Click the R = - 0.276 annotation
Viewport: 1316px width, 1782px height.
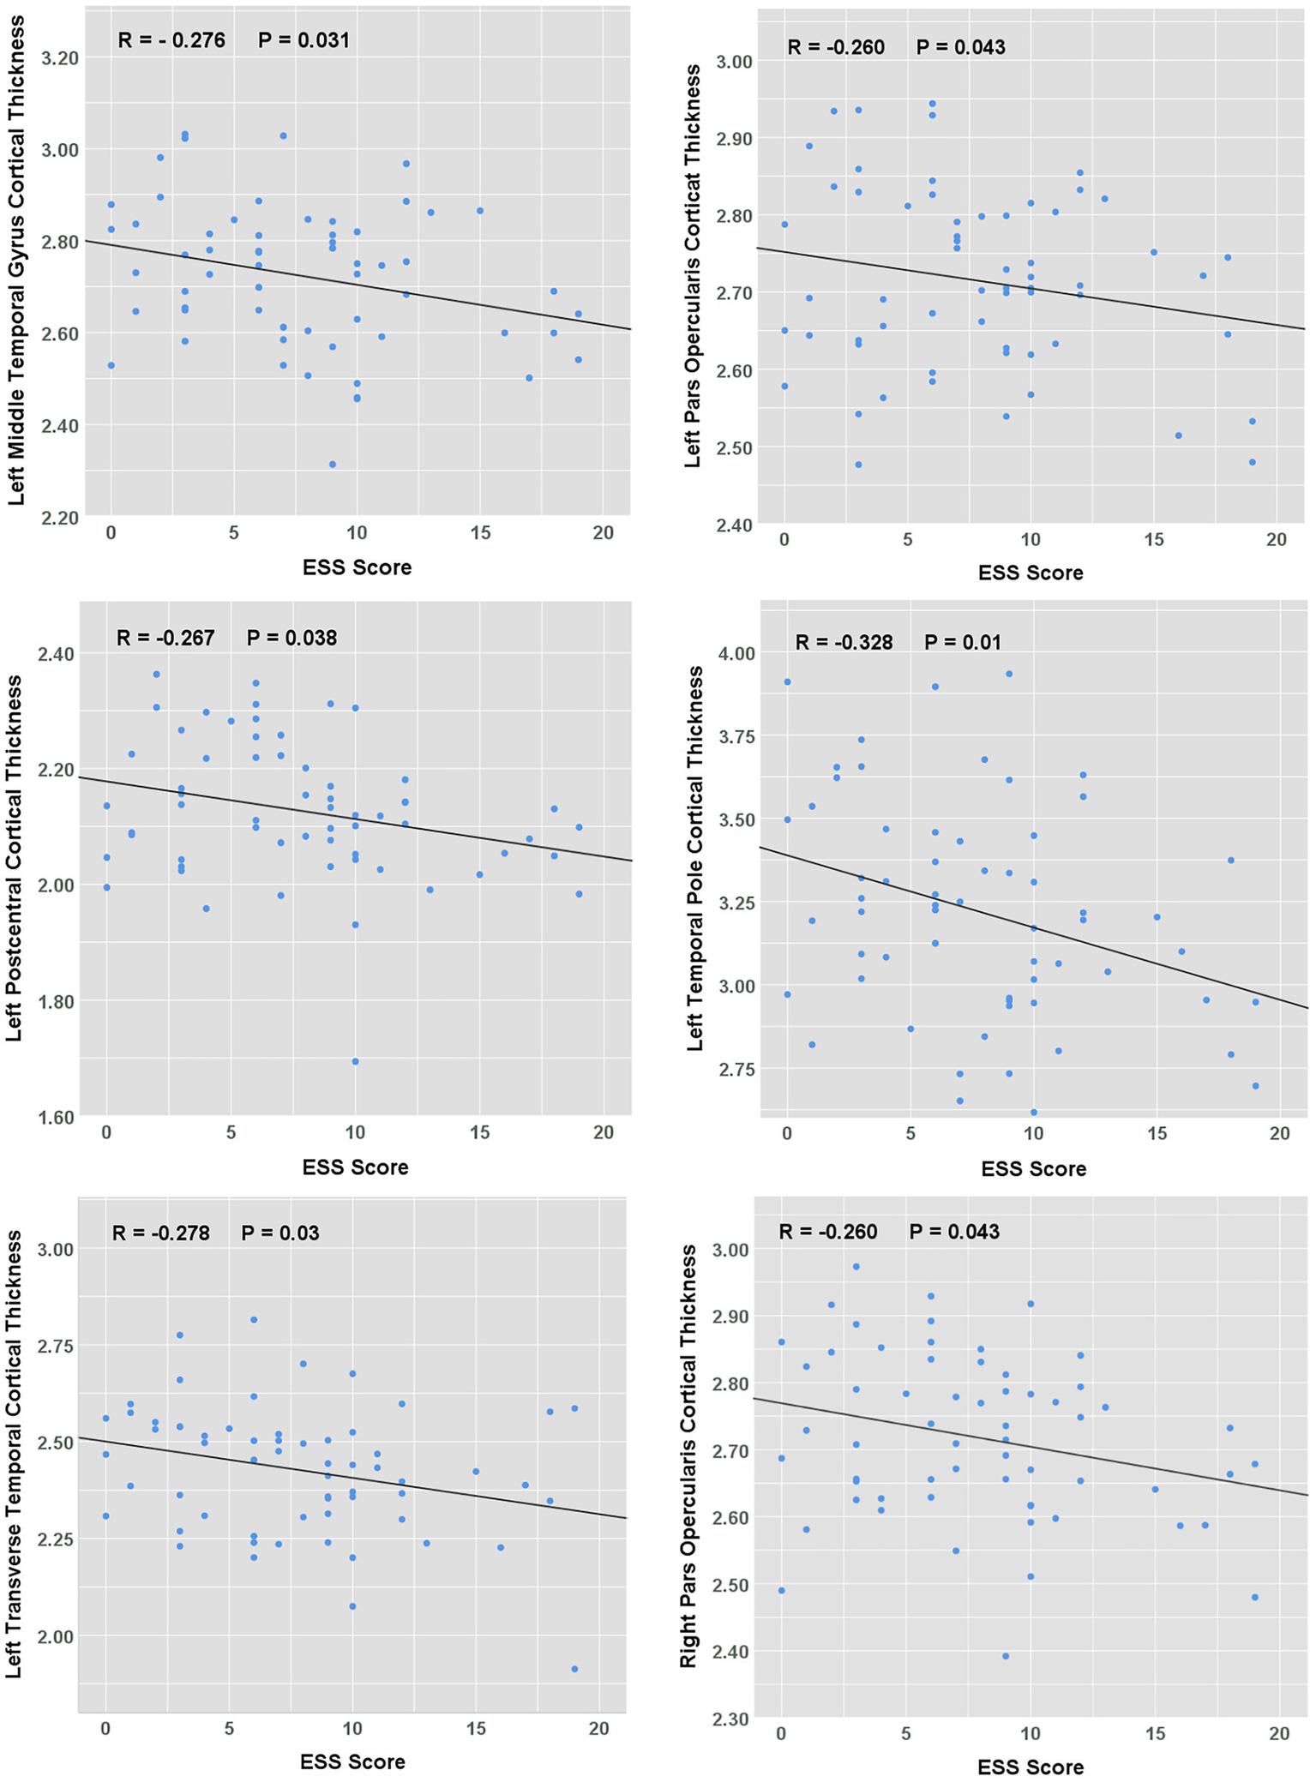tap(171, 40)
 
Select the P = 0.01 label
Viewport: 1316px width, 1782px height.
tap(962, 642)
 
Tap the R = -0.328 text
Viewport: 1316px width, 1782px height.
tap(844, 642)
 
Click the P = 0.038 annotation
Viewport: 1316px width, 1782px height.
tap(291, 638)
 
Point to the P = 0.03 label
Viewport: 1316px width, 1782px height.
tap(279, 1233)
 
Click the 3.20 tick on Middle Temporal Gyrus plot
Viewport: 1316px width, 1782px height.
tap(59, 58)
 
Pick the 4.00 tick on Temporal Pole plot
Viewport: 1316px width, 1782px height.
tap(736, 654)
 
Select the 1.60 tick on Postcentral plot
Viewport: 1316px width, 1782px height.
tap(56, 1117)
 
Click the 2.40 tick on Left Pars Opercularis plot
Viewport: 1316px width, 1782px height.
tap(736, 525)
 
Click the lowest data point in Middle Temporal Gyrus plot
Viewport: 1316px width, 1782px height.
tap(333, 465)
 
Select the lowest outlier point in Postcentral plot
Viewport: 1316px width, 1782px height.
tap(355, 1061)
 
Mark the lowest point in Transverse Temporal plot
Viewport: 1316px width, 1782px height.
tap(574, 1669)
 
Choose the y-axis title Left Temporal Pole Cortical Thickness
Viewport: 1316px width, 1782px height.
tap(695, 857)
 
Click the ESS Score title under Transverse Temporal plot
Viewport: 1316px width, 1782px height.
tap(352, 1761)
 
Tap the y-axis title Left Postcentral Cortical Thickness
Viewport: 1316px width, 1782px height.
tap(14, 857)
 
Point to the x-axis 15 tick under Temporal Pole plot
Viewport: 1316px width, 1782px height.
tap(1157, 1133)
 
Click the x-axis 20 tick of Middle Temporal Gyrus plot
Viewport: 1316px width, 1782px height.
tap(603, 533)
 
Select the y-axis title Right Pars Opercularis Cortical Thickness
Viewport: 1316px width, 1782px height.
tap(688, 1457)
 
